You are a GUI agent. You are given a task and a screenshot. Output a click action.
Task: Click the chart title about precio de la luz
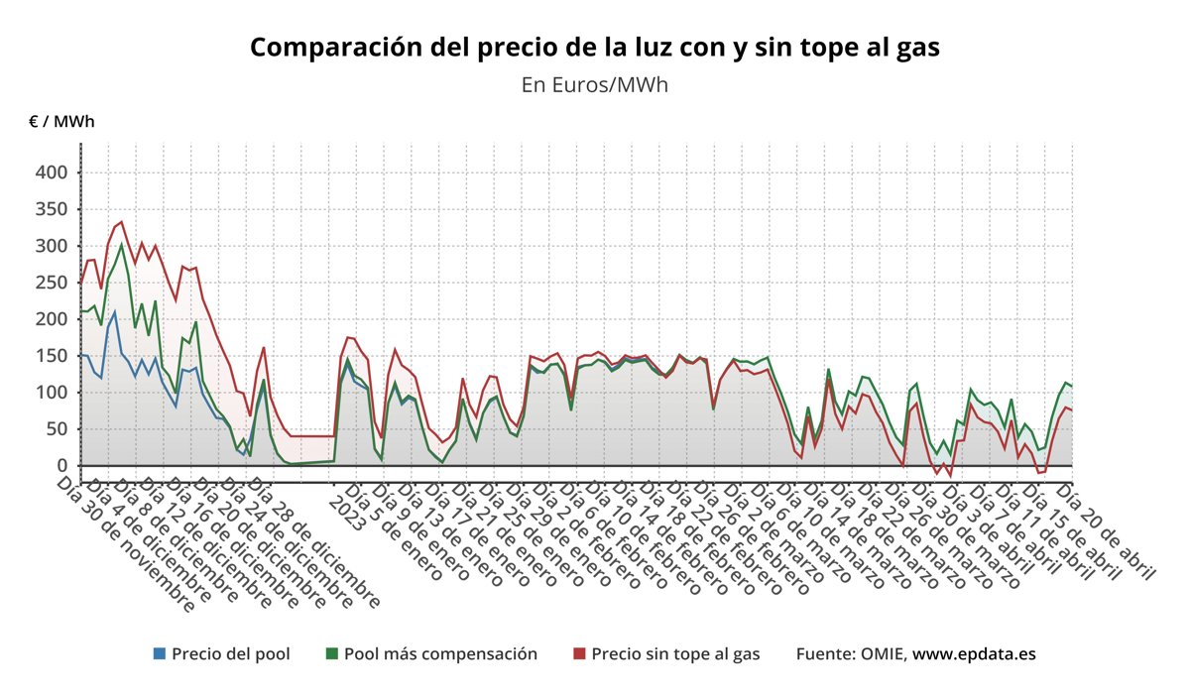click(594, 48)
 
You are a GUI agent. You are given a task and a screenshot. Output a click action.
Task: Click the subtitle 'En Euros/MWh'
click(594, 85)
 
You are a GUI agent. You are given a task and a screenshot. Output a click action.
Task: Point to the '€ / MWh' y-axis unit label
click(61, 122)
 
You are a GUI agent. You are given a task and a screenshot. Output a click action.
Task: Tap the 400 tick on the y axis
click(52, 173)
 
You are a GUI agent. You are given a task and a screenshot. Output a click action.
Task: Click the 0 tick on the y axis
click(60, 466)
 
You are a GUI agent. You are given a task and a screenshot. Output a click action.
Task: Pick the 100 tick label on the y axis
click(52, 393)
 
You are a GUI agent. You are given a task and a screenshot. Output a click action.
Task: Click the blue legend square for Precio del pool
click(160, 654)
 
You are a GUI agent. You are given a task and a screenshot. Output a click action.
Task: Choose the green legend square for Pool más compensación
click(332, 654)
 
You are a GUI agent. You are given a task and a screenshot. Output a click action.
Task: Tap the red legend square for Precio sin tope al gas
click(580, 654)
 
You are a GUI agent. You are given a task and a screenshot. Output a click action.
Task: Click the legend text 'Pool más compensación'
click(440, 654)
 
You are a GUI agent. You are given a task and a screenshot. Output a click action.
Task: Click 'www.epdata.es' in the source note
click(974, 654)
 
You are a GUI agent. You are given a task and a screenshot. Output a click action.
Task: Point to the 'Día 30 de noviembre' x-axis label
click(125, 540)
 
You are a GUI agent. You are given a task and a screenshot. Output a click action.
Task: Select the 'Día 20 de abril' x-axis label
click(1106, 530)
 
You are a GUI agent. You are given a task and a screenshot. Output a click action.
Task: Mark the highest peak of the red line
click(121, 222)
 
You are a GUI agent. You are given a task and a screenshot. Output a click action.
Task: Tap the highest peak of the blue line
click(115, 312)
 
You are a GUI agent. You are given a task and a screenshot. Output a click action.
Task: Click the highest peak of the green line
click(121, 244)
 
